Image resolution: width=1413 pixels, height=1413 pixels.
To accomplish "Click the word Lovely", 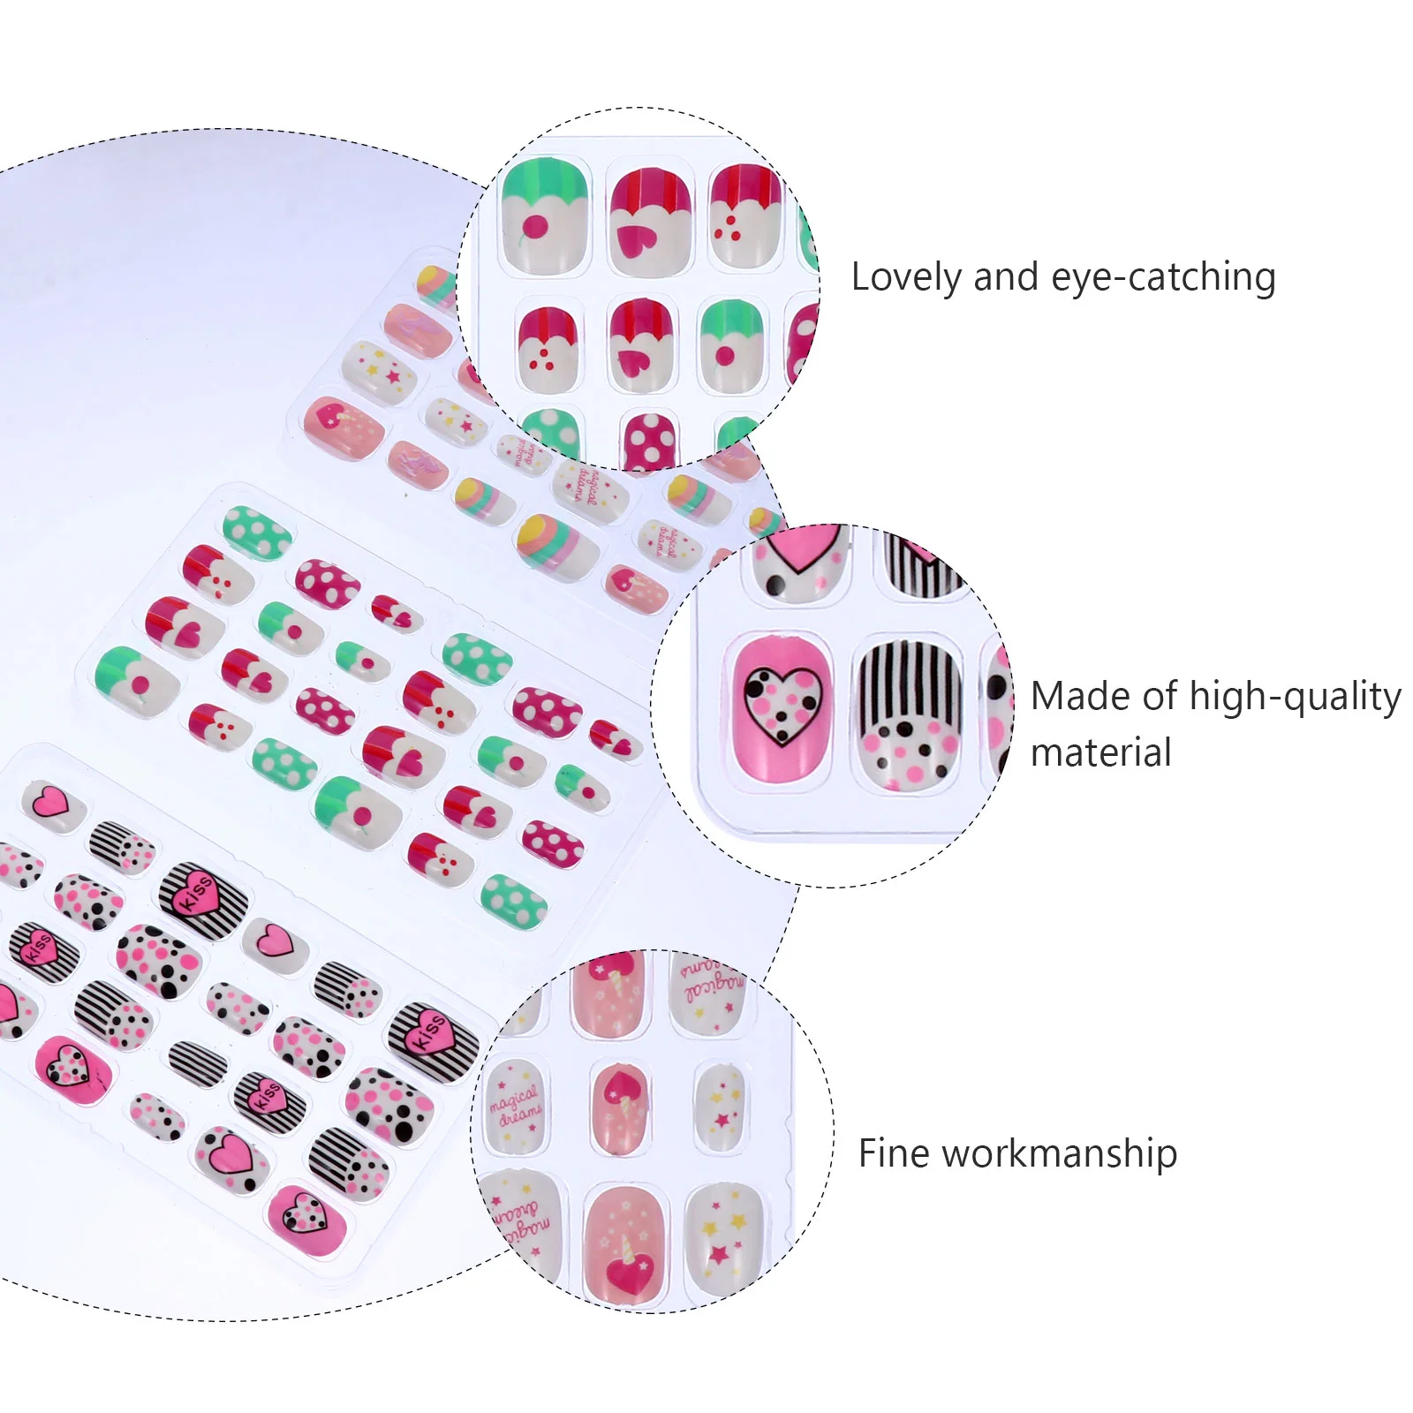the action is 907,277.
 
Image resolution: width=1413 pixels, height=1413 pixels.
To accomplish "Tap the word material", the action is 1100,753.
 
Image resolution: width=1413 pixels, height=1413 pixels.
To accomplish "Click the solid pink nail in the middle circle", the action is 781,706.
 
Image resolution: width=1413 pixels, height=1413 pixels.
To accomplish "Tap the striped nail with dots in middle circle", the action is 907,713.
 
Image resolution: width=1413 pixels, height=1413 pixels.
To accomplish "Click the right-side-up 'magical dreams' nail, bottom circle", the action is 515,1106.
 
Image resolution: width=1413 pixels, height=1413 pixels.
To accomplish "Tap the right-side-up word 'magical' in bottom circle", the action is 513,1097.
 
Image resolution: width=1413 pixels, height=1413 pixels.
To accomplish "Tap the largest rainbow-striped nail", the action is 557,541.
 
